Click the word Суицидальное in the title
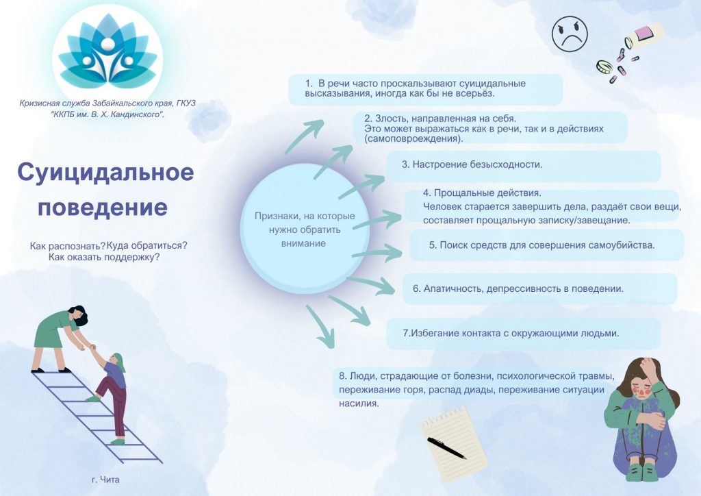pos(106,172)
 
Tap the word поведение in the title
pos(103,207)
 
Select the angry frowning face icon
pos(570,34)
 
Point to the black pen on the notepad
pos(446,447)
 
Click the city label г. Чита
pos(105,480)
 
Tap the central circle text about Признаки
pos(305,230)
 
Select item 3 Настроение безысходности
pos(472,164)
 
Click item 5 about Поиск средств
pos(542,245)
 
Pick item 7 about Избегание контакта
pos(511,333)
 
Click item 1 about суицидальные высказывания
pos(416,88)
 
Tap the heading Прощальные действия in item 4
pos(482,193)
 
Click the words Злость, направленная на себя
pos(440,119)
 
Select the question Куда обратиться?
pos(147,245)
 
